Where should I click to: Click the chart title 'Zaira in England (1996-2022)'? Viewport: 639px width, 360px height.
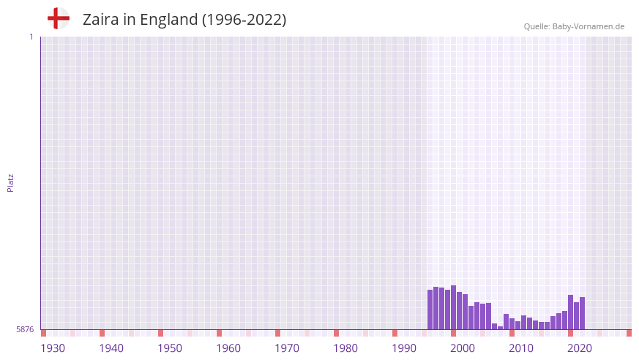[x=184, y=20]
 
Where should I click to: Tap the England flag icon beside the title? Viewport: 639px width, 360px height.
[x=59, y=18]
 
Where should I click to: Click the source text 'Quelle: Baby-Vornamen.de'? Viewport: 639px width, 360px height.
[x=574, y=26]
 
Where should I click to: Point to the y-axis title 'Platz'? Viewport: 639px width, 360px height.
[x=10, y=182]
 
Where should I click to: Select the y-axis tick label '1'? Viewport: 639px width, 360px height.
[x=31, y=37]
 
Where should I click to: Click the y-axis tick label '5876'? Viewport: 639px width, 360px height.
[x=25, y=329]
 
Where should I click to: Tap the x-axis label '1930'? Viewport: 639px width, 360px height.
[x=53, y=348]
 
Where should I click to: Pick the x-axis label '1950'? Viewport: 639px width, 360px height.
[x=170, y=348]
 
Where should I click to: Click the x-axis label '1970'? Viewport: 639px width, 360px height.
[x=287, y=348]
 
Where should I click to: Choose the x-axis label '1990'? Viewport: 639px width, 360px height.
[x=404, y=348]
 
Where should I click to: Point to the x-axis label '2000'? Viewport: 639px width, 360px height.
[x=463, y=348]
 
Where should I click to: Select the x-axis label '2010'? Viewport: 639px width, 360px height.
[x=521, y=348]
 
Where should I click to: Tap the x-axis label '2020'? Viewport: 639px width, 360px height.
[x=580, y=348]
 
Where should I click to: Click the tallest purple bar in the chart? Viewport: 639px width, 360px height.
[x=454, y=307]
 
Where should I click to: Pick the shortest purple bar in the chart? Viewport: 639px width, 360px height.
[x=501, y=328]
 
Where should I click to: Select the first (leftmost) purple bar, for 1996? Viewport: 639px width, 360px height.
[x=430, y=310]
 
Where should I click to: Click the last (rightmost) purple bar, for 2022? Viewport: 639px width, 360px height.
[x=583, y=313]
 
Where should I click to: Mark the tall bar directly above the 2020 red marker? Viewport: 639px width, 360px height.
[x=571, y=312]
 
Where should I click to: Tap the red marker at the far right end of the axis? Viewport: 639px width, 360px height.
[x=629, y=333]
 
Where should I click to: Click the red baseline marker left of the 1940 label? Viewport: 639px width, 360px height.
[x=102, y=333]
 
